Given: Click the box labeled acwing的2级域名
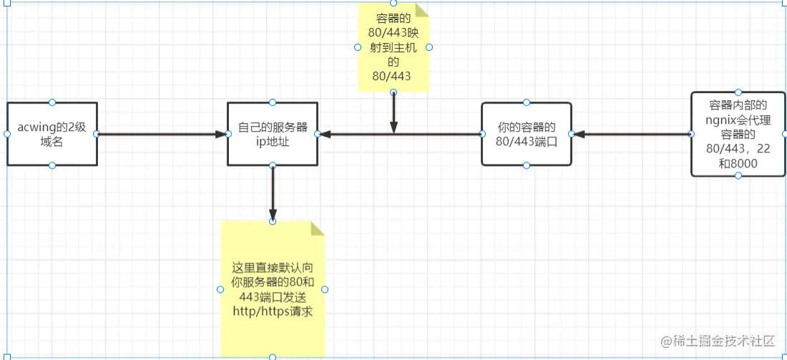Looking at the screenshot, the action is pos(52,134).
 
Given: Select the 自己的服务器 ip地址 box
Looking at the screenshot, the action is pos(273,134).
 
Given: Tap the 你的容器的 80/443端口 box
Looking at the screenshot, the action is pos(527,134).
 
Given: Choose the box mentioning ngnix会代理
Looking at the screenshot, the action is pos(738,134).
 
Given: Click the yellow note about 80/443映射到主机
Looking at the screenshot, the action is pos(393,48).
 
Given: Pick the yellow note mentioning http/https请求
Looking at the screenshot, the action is pos(273,289).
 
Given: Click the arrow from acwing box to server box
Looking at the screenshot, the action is pos(162,134).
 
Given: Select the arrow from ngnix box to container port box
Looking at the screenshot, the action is pos(632,134).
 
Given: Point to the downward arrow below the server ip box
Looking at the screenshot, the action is pos(273,193).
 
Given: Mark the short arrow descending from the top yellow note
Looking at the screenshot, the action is pos(394,112).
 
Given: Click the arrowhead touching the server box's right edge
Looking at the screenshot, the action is pos(324,134).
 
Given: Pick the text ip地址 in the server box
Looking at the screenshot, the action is pos(273,142).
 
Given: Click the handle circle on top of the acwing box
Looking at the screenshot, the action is pos(52,102).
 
